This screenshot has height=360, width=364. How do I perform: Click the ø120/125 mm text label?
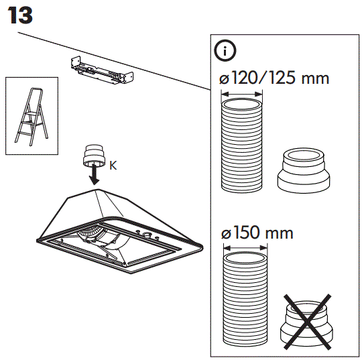tap(274, 78)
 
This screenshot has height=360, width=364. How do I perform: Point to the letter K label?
tap(113, 166)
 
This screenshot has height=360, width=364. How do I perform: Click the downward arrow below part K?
tap(95, 176)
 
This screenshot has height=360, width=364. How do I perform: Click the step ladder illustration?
tap(31, 115)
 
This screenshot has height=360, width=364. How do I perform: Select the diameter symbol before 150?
tap(226, 235)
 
